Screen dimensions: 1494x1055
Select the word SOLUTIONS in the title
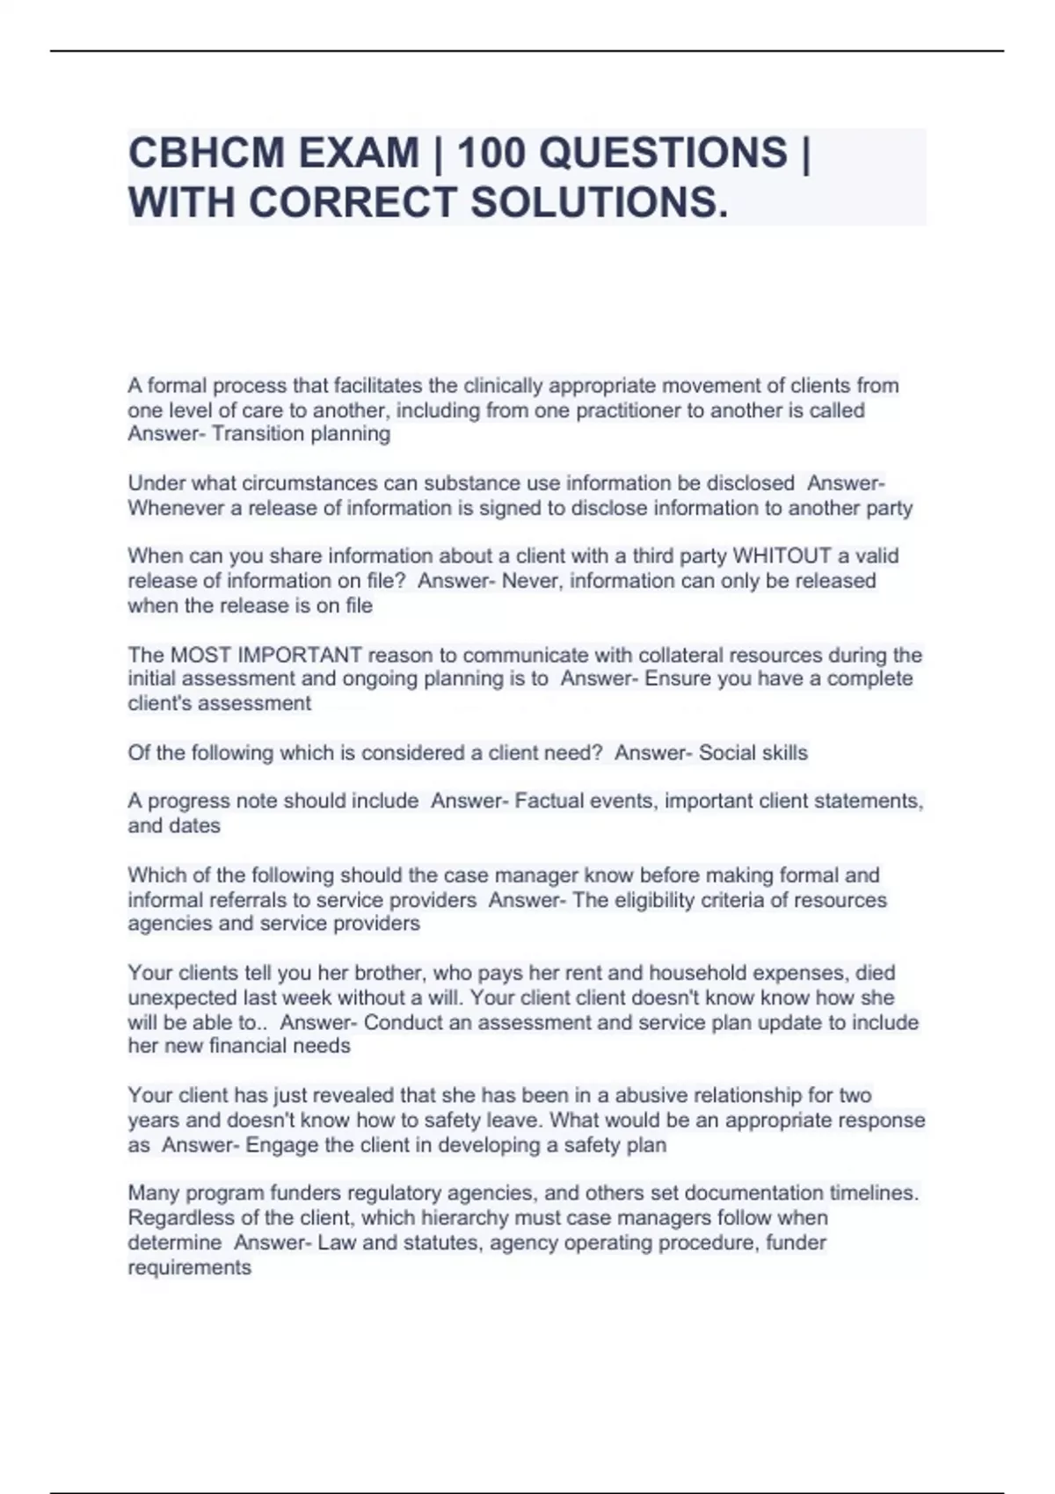(600, 202)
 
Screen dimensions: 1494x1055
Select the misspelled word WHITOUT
(782, 556)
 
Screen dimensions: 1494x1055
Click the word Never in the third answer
(529, 581)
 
